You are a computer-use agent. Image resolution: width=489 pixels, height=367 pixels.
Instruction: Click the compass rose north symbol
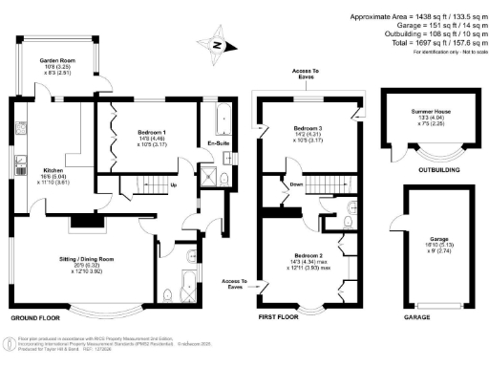click(218, 44)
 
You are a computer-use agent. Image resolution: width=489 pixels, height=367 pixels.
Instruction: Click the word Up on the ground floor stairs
click(173, 184)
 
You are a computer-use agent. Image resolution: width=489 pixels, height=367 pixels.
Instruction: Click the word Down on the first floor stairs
click(297, 185)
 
